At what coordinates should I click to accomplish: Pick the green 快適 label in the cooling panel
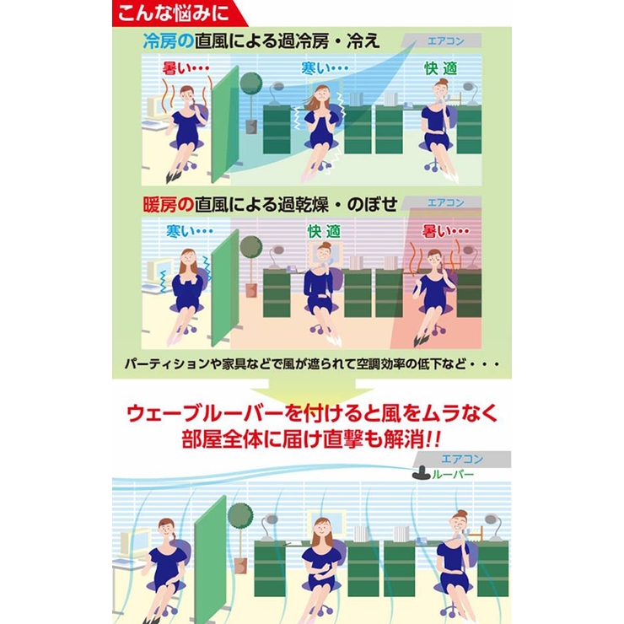[x=439, y=67]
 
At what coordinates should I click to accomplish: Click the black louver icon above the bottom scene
[x=419, y=474]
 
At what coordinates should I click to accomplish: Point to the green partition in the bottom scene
[x=211, y=548]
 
